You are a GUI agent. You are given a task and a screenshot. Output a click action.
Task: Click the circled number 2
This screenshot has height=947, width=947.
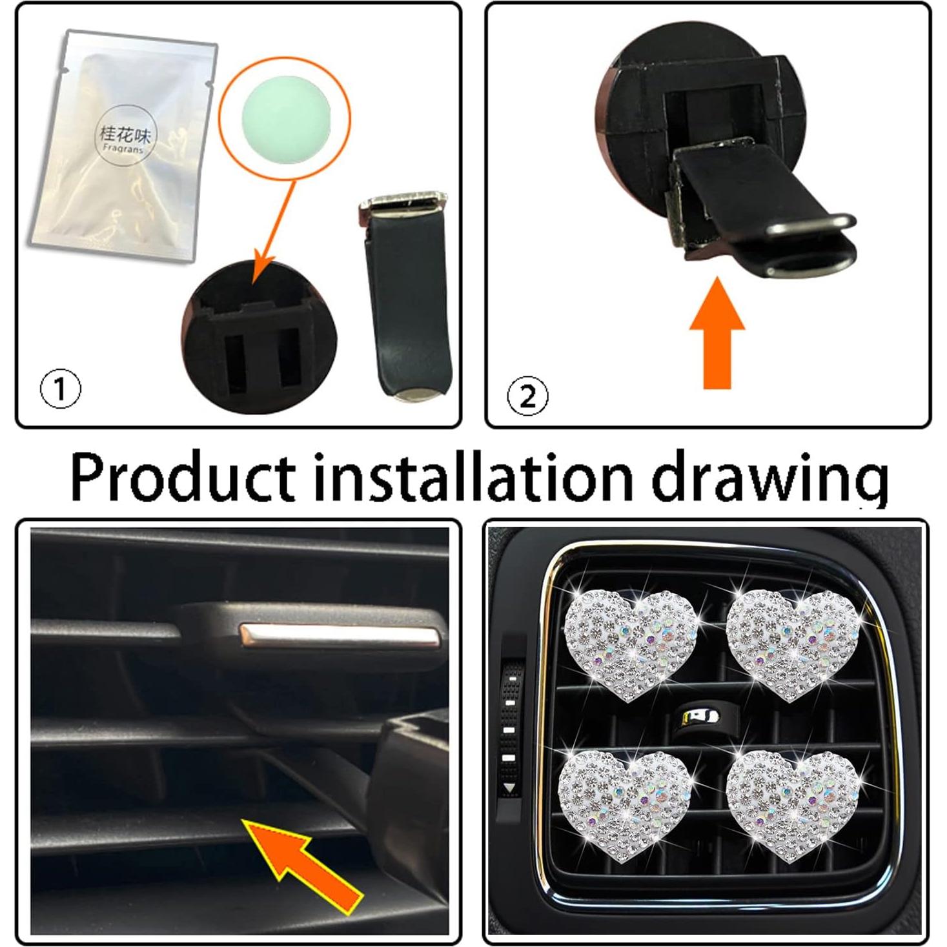[527, 396]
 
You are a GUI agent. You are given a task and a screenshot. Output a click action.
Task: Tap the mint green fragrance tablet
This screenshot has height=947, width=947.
[284, 120]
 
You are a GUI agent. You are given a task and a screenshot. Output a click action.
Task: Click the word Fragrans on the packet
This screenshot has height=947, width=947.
[123, 148]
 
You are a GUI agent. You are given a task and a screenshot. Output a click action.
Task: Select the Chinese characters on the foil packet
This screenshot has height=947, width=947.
[125, 134]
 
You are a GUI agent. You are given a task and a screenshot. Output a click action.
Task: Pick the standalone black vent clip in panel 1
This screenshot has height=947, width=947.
[405, 297]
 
